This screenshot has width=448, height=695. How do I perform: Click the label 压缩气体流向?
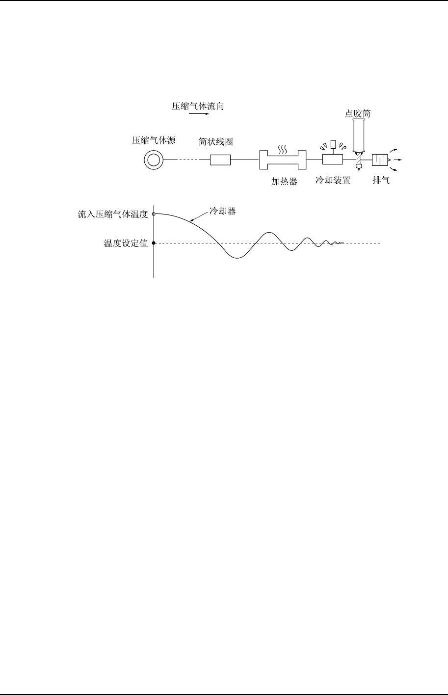[197, 106]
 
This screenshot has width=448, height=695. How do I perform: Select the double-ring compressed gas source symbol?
[154, 160]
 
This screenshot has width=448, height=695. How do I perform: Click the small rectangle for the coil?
[220, 160]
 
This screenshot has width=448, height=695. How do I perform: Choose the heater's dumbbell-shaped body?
[283, 160]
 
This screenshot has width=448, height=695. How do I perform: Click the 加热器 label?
[285, 181]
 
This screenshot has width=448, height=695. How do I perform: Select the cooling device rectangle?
[332, 160]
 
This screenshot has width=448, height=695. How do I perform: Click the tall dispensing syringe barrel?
[359, 135]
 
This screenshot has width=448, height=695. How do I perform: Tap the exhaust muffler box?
[380, 160]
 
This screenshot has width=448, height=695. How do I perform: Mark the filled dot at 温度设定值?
[154, 243]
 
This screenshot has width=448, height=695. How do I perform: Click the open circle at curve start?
[154, 214]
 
